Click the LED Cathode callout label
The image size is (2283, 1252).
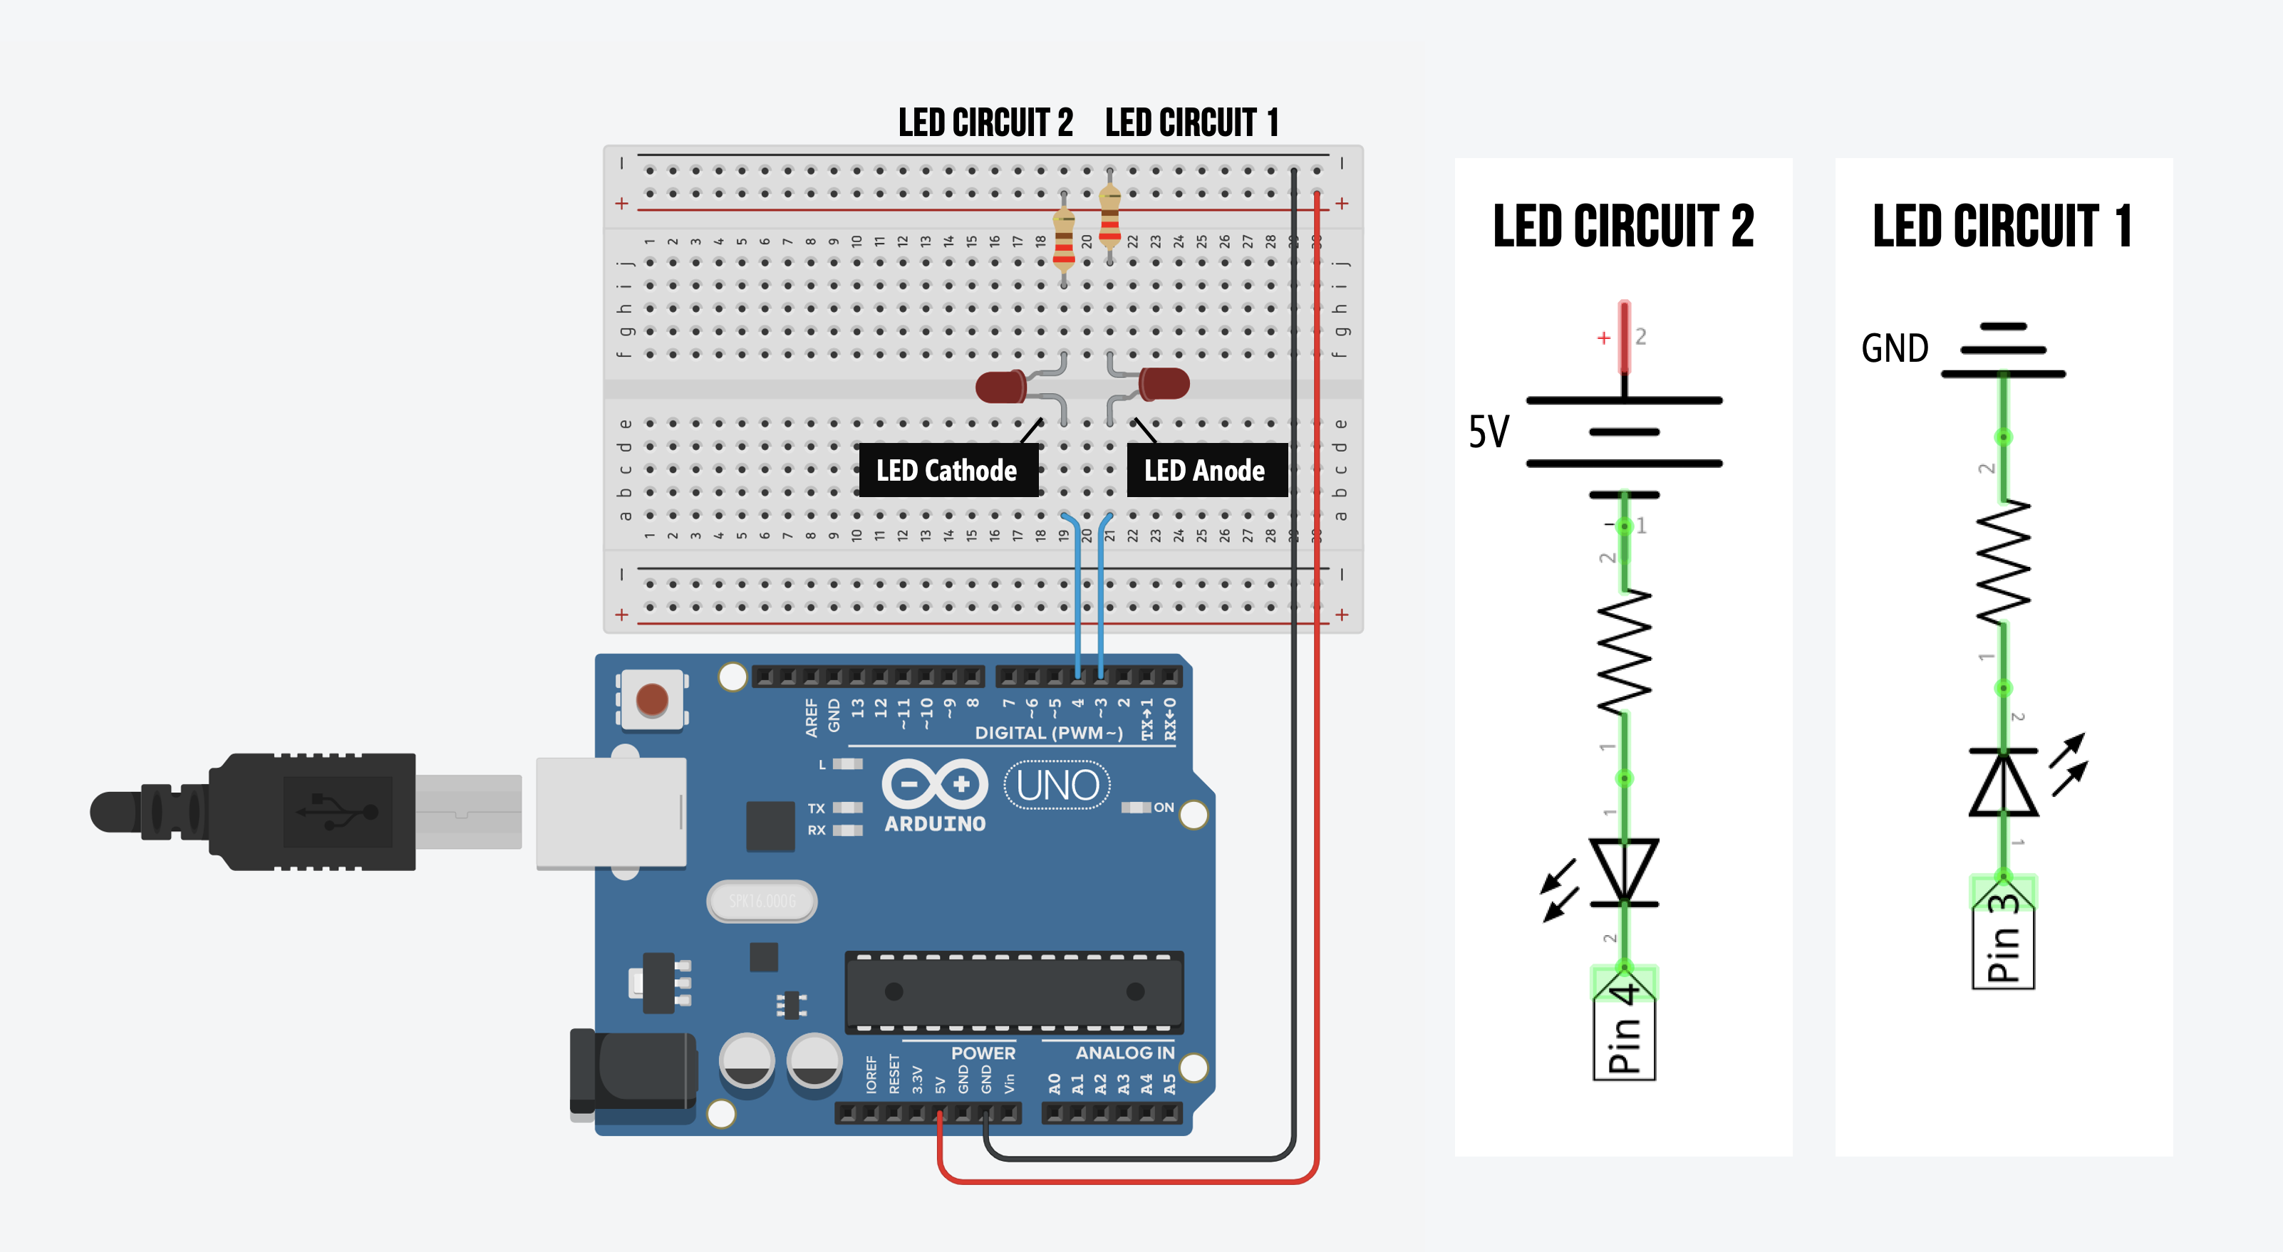(946, 471)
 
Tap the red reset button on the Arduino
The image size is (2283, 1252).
(652, 699)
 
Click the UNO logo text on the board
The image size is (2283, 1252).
(1057, 785)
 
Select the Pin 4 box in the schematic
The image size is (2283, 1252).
(1624, 1028)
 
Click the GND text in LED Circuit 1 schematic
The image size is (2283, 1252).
(1894, 348)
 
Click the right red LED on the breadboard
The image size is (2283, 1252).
(1164, 384)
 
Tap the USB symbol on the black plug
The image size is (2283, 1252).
(338, 810)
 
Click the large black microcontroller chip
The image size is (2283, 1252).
(1014, 991)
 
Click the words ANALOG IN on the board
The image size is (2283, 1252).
(1124, 1053)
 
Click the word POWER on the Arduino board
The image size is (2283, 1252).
(983, 1053)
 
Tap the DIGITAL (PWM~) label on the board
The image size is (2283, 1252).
(1048, 733)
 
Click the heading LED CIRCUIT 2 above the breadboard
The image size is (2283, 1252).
(985, 122)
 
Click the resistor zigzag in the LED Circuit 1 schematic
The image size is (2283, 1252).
(2003, 563)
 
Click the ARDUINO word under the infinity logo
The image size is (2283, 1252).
(935, 823)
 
